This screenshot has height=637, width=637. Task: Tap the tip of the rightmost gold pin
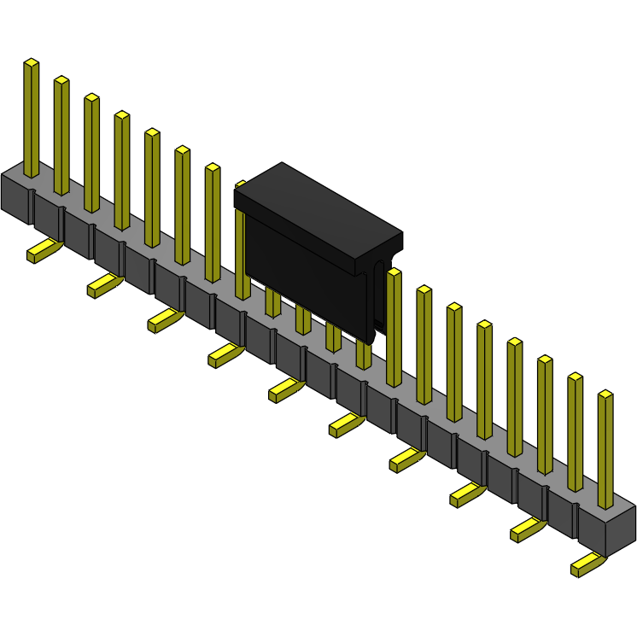605,395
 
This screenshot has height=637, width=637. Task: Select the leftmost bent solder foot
43,251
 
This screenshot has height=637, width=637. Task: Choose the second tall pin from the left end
61,137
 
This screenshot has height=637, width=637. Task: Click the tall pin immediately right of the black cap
394,329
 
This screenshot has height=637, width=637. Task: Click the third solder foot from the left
164,320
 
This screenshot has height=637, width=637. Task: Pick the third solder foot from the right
466,494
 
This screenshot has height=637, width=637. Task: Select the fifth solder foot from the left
284,390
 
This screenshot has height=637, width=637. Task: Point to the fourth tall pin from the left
122,171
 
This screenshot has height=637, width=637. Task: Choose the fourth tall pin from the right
515,397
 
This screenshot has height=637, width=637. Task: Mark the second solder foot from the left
103,285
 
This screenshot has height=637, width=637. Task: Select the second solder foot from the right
527,529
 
